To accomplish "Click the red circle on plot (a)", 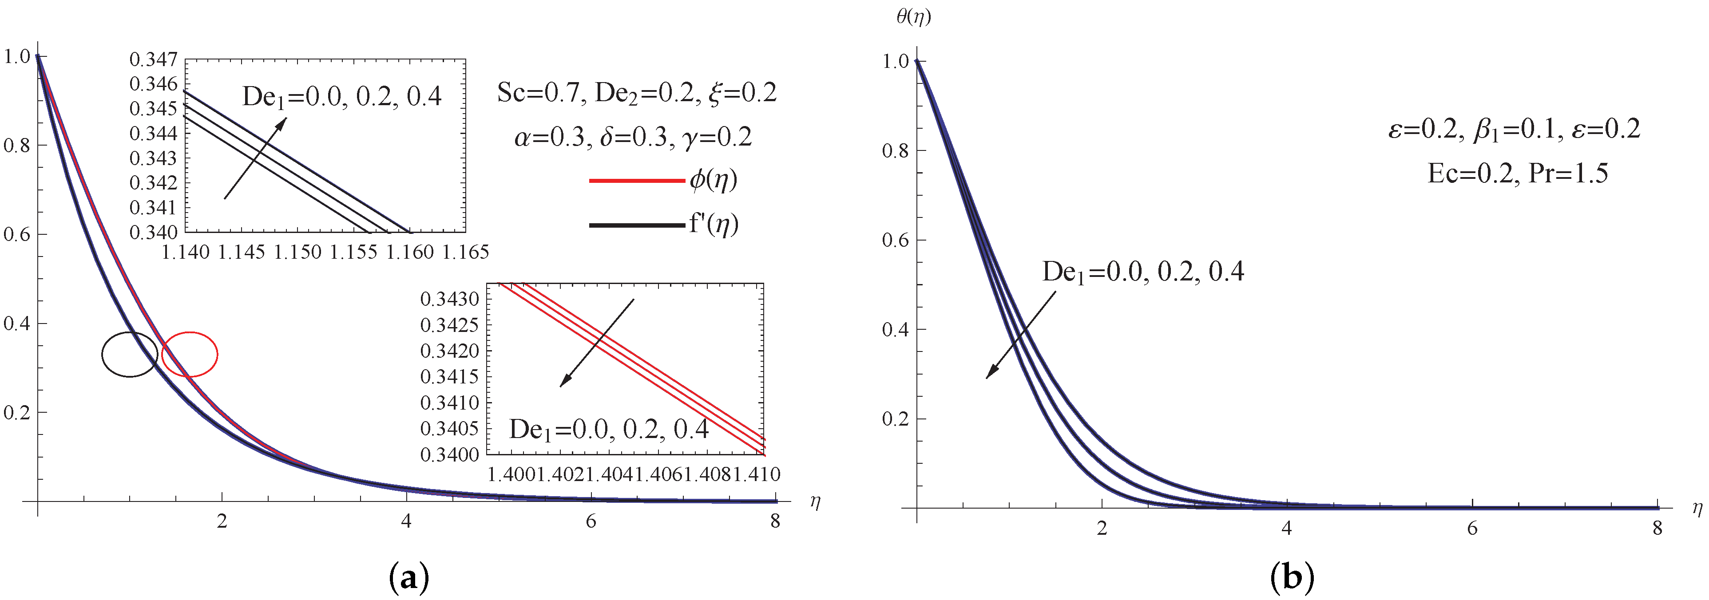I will (190, 354).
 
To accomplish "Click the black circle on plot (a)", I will (130, 354).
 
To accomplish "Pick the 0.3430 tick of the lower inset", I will (450, 299).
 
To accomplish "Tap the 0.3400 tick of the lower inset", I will (450, 455).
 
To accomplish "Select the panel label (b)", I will (1291, 578).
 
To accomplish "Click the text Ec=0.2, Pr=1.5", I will (1517, 174).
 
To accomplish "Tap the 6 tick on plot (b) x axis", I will (1471, 529).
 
